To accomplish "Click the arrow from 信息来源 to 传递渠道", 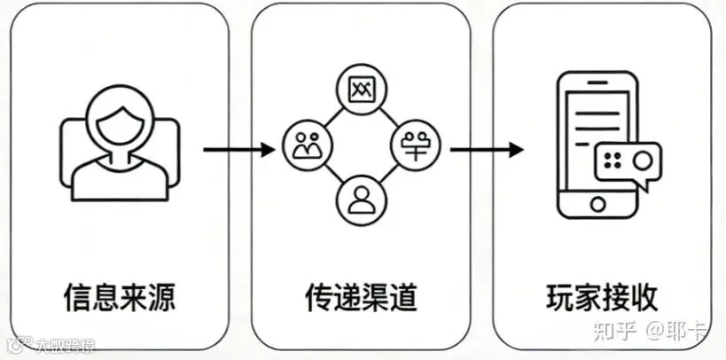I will pos(238,150).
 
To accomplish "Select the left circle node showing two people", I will pos(304,145).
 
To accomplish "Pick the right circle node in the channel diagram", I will pos(415,142).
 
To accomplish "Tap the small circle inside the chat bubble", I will pos(644,160).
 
